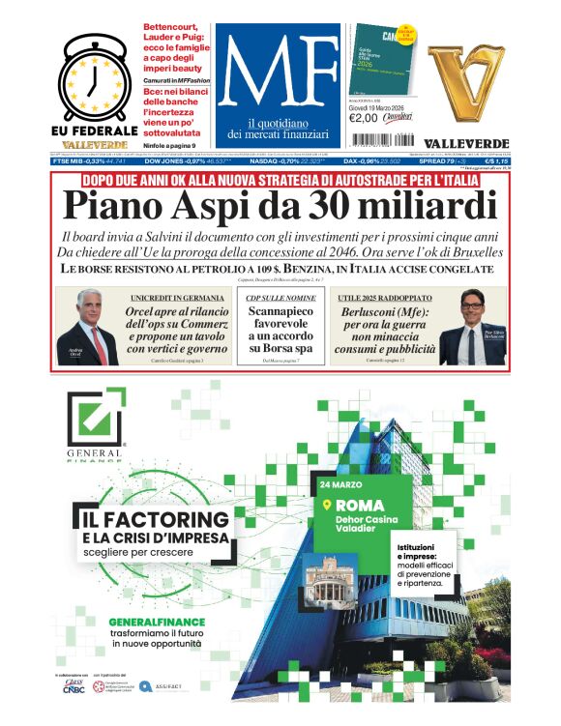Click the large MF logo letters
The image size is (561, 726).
(272, 70)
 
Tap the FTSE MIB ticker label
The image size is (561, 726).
(72, 161)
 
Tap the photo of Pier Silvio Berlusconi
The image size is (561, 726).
(471, 327)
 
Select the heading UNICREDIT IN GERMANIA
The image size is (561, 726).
(173, 297)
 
